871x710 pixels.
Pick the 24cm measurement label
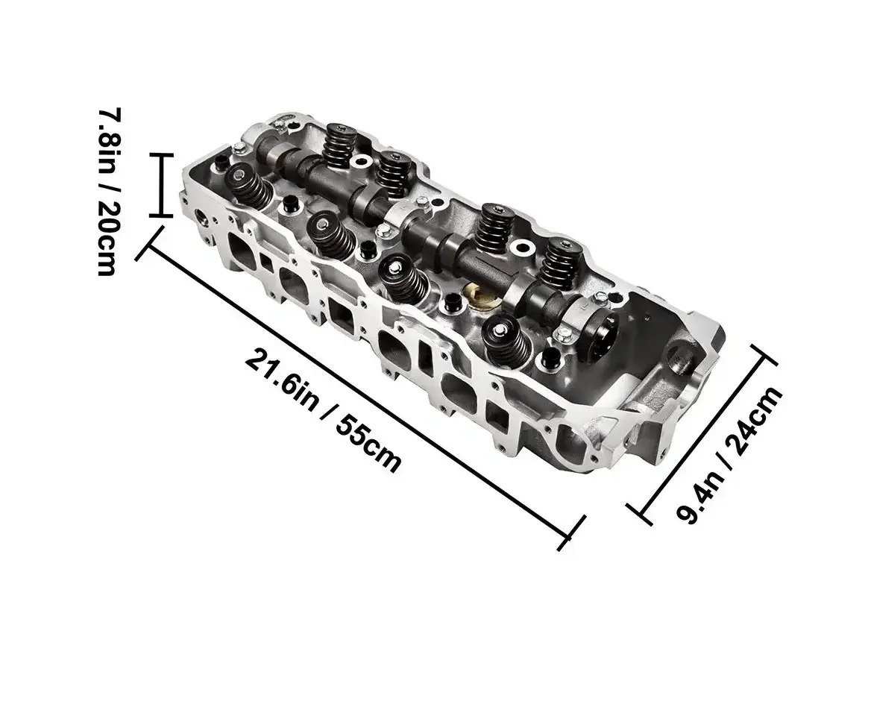(x=755, y=420)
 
